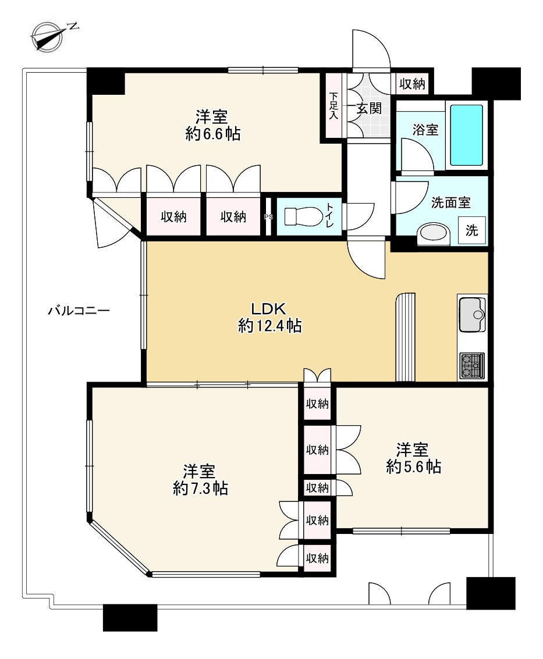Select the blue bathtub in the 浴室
tap(466, 135)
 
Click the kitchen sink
tap(472, 315)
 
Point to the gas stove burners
tap(472, 366)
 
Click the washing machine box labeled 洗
tap(472, 230)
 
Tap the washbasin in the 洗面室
tap(433, 234)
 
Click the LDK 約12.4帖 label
tap(269, 318)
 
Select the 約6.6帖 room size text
tap(213, 134)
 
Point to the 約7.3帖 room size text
tap(200, 489)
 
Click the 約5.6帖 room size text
tap(413, 466)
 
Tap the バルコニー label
tap(79, 311)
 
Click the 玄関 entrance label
tap(369, 108)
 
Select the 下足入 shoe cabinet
tap(333, 105)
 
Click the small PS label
tap(268, 217)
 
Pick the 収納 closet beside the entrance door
tap(412, 84)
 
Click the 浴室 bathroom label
tap(425, 130)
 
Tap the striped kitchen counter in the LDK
tap(406, 337)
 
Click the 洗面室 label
tap(451, 202)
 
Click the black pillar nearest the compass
tap(106, 81)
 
